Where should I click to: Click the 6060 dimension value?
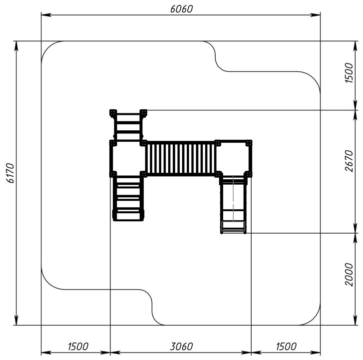tap(181, 9)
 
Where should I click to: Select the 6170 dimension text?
tap(10, 173)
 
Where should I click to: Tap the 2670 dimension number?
tap(349, 161)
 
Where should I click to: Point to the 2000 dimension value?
tap(349, 275)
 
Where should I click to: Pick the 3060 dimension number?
tap(181, 347)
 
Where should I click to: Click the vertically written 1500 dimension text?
tap(349, 72)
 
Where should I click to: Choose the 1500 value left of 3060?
tap(78, 347)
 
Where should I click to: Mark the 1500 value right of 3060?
tap(286, 347)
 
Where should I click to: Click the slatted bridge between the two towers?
tap(181, 159)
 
